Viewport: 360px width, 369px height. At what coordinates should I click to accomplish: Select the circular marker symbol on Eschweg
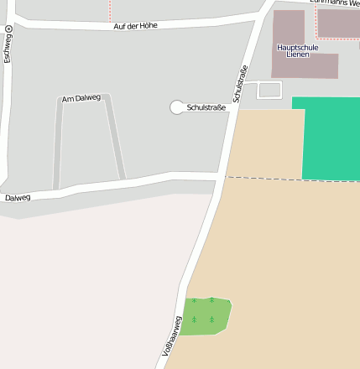pos(8,29)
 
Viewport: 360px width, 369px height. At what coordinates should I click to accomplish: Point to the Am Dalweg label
pos(81,99)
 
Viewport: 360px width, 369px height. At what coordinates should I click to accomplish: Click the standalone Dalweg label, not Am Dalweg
pos(18,198)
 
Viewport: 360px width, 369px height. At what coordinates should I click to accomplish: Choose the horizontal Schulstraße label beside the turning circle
pos(206,107)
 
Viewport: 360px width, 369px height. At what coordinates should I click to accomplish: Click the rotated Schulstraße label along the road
pos(241,85)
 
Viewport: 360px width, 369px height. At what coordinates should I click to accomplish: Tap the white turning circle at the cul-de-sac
pos(176,107)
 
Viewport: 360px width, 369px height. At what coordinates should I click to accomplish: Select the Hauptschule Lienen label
pos(297,51)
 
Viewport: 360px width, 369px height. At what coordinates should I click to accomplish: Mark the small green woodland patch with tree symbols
pos(204,315)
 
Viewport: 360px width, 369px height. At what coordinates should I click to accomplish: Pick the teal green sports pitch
pos(330,138)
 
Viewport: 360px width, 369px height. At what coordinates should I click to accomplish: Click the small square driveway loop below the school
pos(269,89)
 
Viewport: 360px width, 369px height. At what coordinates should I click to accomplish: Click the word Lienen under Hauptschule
pos(297,55)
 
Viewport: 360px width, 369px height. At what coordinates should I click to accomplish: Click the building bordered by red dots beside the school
pos(338,23)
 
